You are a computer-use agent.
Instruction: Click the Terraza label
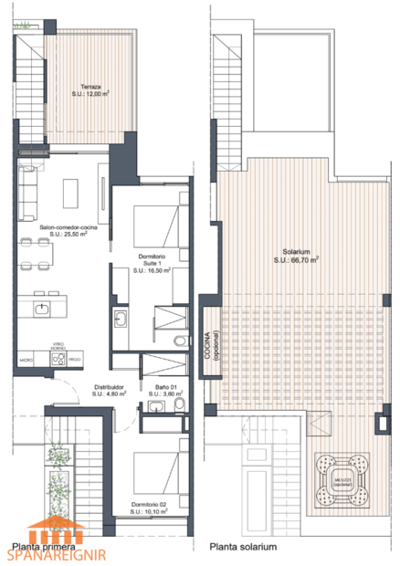click(x=89, y=87)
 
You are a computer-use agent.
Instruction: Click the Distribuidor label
click(x=110, y=387)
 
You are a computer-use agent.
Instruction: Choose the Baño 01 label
click(x=166, y=387)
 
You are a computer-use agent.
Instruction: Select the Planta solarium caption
click(x=243, y=548)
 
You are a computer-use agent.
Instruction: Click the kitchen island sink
click(x=42, y=309)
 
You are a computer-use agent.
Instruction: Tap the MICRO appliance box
click(x=27, y=361)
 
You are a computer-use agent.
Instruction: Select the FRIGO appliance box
click(x=77, y=361)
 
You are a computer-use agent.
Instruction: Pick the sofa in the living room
click(x=27, y=186)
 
